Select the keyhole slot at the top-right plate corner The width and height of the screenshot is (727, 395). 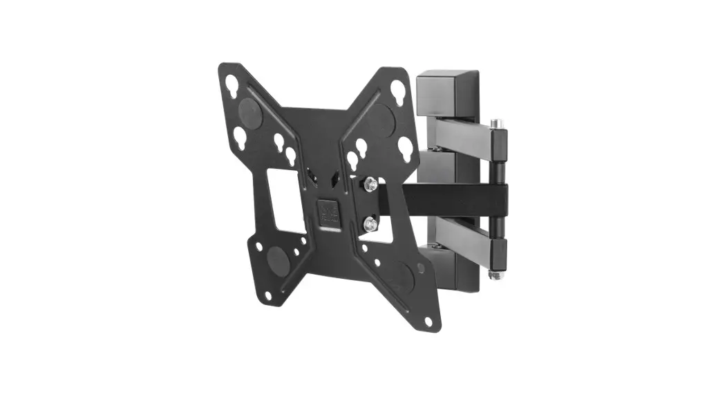click(x=398, y=91)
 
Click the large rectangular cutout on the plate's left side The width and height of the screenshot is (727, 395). click(x=285, y=201)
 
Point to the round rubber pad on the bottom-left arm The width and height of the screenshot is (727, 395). click(x=278, y=261)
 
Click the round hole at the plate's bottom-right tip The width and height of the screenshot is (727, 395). click(x=429, y=322)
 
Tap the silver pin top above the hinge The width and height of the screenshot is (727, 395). click(x=495, y=125)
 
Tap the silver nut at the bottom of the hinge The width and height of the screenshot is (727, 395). click(x=495, y=275)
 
